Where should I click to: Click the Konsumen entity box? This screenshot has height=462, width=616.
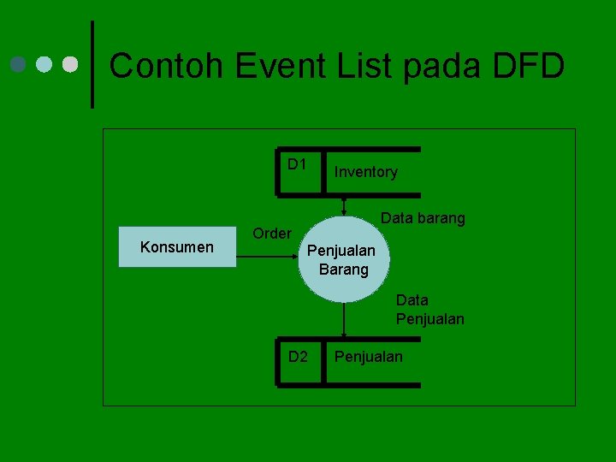tap(177, 248)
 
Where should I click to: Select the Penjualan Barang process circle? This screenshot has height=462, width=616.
tap(344, 259)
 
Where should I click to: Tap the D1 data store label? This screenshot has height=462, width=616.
tap(297, 163)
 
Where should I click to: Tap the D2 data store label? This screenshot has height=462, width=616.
tap(297, 356)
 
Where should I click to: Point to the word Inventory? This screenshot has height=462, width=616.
tap(365, 172)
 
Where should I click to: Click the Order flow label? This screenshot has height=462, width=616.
tap(272, 233)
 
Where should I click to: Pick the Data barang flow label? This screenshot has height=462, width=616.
tap(423, 218)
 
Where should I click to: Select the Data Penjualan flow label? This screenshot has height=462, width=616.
tap(429, 310)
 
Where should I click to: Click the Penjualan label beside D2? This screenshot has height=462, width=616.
tap(368, 356)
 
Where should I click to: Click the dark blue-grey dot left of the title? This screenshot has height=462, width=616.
tap(17, 64)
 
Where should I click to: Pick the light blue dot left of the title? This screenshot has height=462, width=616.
tap(44, 64)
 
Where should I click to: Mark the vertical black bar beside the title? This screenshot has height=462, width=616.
tap(92, 64)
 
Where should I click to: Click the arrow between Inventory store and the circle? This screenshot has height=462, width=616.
tap(344, 206)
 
